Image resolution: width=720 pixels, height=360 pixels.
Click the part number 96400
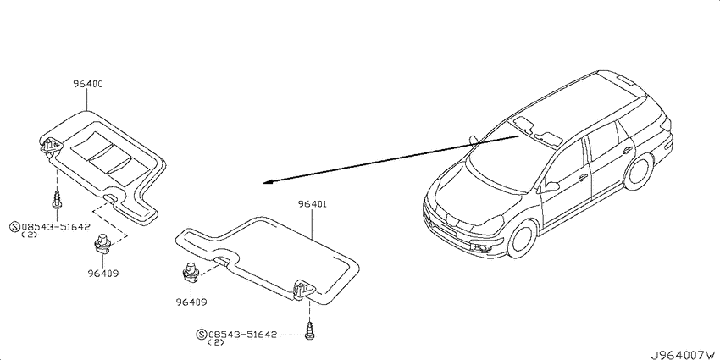[x=88, y=84]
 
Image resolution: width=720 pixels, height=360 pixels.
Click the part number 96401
[x=313, y=204]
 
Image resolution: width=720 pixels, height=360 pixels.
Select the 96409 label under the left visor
[x=103, y=274]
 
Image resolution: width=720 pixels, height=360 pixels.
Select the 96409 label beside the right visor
[x=191, y=302]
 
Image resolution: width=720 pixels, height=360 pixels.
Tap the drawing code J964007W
[x=683, y=354]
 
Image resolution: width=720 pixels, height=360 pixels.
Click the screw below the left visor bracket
[x=57, y=200]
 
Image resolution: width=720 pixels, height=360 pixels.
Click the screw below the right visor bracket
[x=309, y=331]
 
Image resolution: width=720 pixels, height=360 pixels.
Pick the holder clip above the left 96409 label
[x=102, y=244]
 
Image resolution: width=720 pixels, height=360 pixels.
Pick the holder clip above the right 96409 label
[x=190, y=273]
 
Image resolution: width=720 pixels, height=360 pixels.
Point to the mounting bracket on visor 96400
[x=50, y=146]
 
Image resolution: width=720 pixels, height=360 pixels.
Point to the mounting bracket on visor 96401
[x=303, y=290]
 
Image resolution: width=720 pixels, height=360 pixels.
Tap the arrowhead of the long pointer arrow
[x=266, y=182]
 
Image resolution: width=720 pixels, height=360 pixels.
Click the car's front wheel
[x=523, y=239]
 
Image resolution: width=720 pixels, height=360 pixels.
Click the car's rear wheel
[x=639, y=171]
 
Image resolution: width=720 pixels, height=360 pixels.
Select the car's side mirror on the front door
[x=551, y=186]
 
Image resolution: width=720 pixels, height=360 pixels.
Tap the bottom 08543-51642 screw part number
[x=242, y=335]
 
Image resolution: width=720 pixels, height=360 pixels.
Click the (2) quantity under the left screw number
[x=30, y=235]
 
